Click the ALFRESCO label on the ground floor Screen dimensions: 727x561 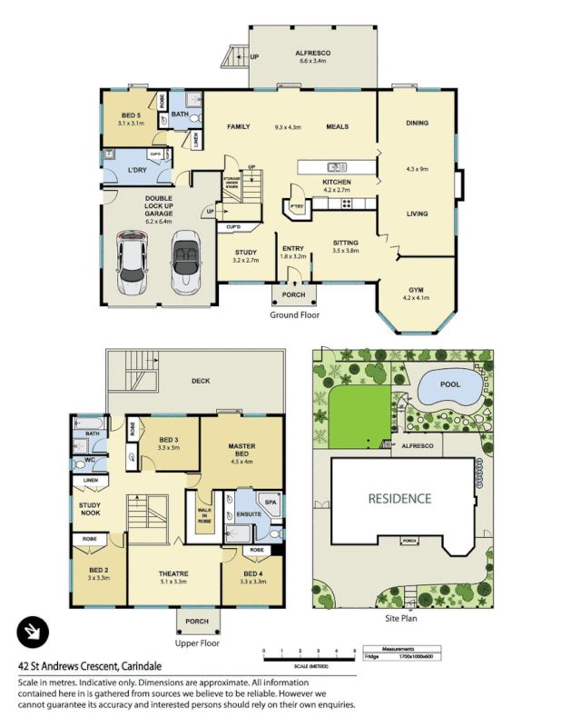(312, 54)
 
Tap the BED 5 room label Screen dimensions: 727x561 (132, 115)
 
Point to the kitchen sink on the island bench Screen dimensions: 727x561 (335, 166)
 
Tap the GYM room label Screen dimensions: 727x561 (417, 289)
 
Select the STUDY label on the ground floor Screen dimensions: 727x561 (245, 253)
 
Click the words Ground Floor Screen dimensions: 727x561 (294, 315)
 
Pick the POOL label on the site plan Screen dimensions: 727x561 (449, 384)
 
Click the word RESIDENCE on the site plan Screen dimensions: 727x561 (399, 499)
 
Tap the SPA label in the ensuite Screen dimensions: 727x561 (270, 501)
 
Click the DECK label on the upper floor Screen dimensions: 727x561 (202, 381)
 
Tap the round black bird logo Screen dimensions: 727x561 (33, 632)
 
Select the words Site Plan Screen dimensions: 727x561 (400, 617)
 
